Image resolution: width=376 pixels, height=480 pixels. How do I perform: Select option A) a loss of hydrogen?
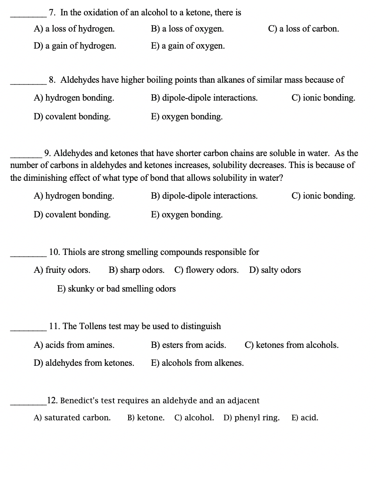coord(74,29)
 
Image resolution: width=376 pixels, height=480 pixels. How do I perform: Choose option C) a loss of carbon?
coord(304,29)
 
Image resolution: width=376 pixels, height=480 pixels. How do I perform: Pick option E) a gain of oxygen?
coord(188,46)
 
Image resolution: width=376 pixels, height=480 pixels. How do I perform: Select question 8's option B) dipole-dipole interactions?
coord(204,98)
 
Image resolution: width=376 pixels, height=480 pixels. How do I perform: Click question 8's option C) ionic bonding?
coord(323,98)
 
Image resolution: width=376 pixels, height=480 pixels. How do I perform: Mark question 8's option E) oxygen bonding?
coord(187,116)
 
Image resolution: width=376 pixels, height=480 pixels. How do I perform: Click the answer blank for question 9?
coord(26,156)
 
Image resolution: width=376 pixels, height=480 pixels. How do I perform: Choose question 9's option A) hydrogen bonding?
coord(74,196)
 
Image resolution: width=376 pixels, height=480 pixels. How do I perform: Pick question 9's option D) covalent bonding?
coord(72,214)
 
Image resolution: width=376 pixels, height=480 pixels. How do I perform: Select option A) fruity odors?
coord(62,270)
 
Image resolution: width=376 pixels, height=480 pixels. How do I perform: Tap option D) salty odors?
coord(275,270)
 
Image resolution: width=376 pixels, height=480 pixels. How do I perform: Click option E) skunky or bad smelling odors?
coord(116,289)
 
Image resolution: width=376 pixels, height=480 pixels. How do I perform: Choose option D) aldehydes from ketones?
coord(84,363)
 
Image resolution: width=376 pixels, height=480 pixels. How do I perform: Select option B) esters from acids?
coord(188,345)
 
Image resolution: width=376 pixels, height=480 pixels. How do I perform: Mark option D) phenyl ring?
coord(252,418)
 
